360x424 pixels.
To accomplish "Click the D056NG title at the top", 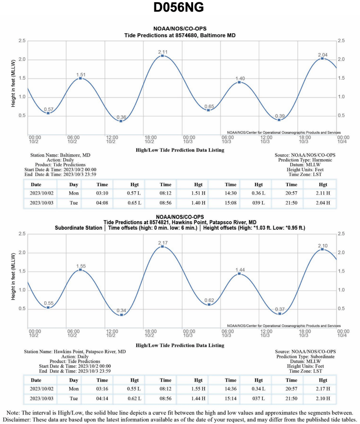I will pos(180,9).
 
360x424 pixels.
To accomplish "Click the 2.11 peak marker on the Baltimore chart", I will pos(162,56).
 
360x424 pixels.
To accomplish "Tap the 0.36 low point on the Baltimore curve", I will pos(121,121).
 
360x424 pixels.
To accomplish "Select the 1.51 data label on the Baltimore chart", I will pos(81,75).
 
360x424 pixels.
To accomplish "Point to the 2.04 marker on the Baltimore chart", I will pos(322,59).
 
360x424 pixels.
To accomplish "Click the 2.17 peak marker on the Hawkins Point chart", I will pos(162,246).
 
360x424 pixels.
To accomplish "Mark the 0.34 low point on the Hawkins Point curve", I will pos(121,315).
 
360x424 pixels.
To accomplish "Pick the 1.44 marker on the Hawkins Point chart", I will pos(239,274).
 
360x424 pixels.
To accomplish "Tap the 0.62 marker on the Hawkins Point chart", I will pos(209,305).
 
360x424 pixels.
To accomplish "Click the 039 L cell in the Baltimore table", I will pos(258,203).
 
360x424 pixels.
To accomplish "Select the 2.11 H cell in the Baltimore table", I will pos(323,194).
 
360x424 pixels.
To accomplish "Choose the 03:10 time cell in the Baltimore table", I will pos(102,194).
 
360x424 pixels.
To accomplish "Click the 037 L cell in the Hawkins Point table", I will pos(258,398).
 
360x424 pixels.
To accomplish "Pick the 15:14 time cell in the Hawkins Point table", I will pos(230,398).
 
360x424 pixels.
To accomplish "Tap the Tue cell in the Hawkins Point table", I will pos(74,398).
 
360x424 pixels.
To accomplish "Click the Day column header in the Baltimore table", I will pos(74,185).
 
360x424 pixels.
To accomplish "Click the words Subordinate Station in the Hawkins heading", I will pos(78,228).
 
